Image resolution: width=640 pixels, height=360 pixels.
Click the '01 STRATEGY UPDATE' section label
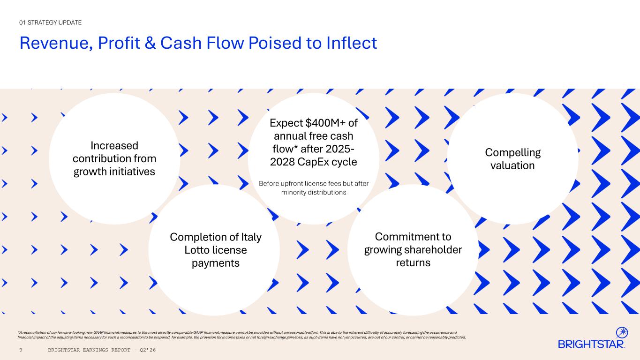(50, 22)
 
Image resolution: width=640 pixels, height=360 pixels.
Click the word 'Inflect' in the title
(352, 43)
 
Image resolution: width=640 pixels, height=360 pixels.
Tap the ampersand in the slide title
(151, 43)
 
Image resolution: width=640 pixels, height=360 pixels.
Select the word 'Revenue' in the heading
(56, 44)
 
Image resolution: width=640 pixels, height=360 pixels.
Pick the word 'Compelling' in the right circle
(512, 153)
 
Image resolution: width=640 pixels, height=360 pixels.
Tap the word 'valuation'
(512, 165)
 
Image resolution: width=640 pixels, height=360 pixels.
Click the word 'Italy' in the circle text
(251, 238)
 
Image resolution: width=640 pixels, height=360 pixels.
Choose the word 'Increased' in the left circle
(114, 146)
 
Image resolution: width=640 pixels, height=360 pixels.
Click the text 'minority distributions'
(314, 192)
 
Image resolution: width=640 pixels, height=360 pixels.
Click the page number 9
(21, 350)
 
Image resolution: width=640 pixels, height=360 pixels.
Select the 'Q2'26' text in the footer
(148, 350)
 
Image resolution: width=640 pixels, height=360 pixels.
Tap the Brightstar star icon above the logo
(622, 333)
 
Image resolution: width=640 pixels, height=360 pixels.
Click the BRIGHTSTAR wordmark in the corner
(591, 344)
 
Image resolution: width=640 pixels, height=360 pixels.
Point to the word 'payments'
(216, 263)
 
